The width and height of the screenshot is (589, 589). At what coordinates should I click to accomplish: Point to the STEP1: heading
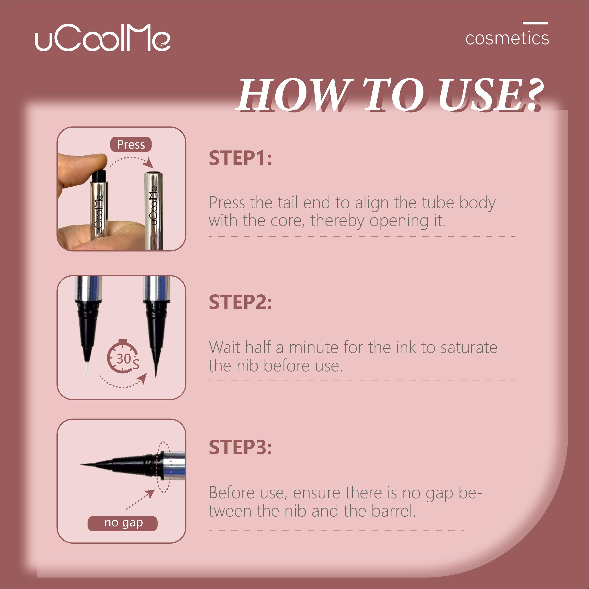(x=240, y=158)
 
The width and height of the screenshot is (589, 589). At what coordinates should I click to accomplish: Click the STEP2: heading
(x=240, y=302)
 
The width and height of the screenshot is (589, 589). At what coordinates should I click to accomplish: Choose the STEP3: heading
(x=240, y=448)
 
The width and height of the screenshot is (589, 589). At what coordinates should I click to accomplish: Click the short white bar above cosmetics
(x=535, y=23)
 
